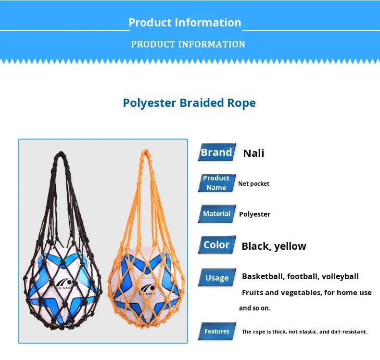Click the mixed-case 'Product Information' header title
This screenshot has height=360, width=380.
[x=185, y=23]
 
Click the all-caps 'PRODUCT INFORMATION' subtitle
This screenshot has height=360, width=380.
[x=188, y=44]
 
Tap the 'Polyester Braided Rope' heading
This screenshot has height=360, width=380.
[x=189, y=103]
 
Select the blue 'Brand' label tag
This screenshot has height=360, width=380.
[x=216, y=153]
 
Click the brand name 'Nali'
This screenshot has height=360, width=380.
[x=253, y=154]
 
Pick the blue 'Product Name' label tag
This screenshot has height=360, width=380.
[x=216, y=183]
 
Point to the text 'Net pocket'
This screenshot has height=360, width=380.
[x=254, y=184]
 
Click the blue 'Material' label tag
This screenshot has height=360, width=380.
[x=216, y=214]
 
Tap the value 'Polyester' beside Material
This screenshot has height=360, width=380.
[x=255, y=214]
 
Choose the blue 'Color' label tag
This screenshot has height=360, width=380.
[x=216, y=244]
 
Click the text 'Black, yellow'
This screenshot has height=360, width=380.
[x=274, y=246]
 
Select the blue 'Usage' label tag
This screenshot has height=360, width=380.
[x=217, y=278]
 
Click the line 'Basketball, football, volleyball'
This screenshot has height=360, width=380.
[x=300, y=277]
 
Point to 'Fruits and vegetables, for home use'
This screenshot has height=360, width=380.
[x=306, y=293]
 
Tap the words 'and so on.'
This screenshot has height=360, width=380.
[x=255, y=308]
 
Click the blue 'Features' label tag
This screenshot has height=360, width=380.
[x=217, y=331]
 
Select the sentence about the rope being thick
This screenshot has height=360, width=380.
[x=304, y=332]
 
